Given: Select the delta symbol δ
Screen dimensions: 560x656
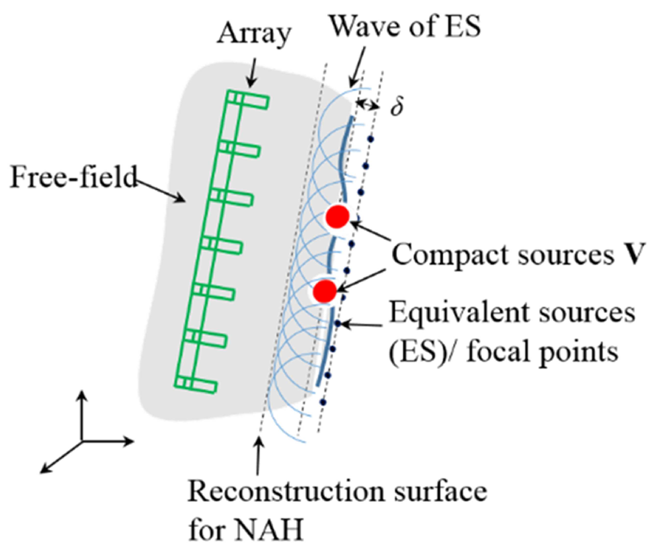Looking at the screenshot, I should (396, 107).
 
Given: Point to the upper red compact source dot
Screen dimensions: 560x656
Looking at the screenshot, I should (337, 217).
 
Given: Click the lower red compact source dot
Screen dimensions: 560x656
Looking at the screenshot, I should (325, 291).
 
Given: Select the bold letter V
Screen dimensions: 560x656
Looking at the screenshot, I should (636, 255).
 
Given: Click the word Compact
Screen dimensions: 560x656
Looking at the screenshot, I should (451, 256).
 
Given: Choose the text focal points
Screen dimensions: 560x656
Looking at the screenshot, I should (543, 352).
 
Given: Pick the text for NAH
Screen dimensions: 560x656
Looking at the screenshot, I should (246, 530).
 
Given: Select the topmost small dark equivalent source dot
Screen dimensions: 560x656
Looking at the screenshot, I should (370, 139).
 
